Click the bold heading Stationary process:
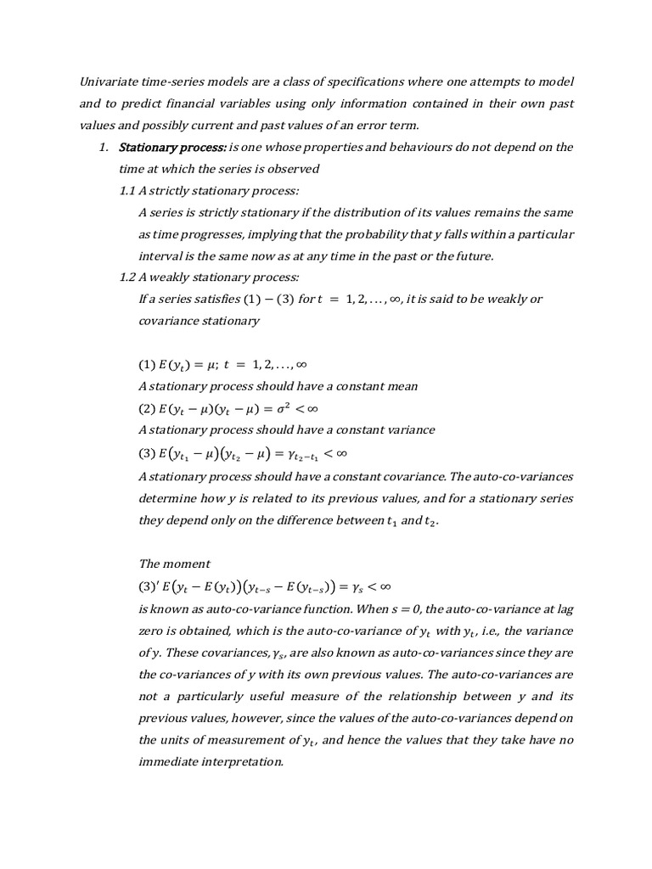tap(172, 148)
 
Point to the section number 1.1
tap(129, 191)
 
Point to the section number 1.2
tap(129, 278)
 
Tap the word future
tap(470, 255)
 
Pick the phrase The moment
tap(173, 563)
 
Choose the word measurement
tap(239, 740)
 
